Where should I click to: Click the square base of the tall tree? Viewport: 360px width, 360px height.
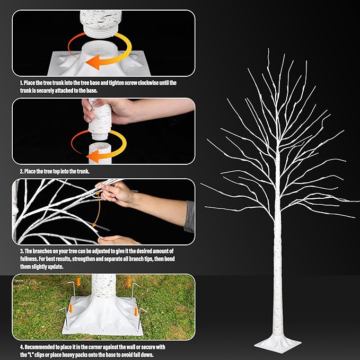click(x=277, y=344)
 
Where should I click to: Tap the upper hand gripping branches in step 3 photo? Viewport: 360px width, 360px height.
click(x=118, y=194)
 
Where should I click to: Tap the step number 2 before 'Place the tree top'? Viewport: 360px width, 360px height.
click(x=21, y=172)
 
